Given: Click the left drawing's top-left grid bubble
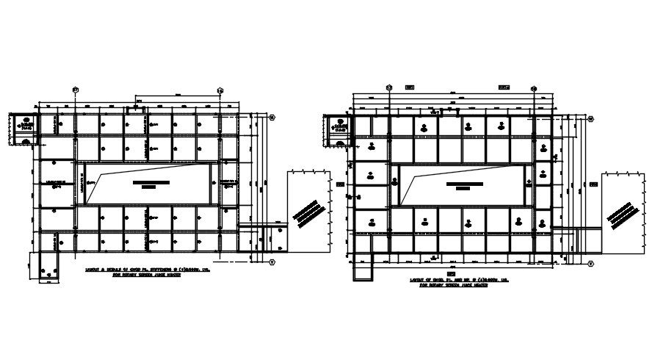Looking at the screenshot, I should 76,90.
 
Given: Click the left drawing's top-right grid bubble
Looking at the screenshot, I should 221,90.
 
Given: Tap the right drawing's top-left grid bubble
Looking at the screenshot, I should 389,87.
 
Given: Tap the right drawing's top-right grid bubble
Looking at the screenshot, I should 534,87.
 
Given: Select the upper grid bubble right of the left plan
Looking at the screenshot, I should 272,117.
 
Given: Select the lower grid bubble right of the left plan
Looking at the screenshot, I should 272,262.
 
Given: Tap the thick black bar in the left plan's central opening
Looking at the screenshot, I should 151,182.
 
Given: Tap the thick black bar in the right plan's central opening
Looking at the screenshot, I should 463,183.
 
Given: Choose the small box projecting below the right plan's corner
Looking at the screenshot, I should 363,270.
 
